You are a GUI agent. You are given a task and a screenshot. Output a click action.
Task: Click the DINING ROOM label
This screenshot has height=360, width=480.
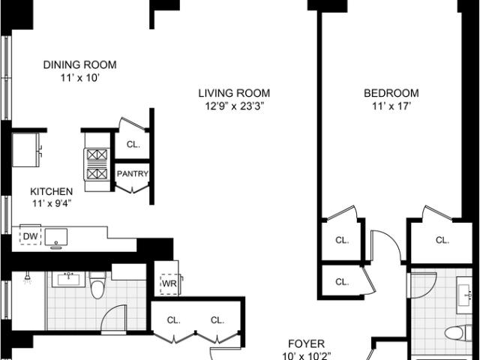80,65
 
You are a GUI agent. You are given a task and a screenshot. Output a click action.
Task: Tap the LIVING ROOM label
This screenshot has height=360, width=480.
234,93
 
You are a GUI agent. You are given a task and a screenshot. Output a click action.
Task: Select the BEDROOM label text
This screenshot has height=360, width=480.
391,93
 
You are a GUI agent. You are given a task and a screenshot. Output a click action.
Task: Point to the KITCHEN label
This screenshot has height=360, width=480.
52,192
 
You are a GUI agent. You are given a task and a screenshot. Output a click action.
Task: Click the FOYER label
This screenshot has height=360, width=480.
307,343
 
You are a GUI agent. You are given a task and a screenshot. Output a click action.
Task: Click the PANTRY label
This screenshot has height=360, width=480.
133,174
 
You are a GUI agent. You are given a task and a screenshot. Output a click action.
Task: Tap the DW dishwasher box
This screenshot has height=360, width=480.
30,236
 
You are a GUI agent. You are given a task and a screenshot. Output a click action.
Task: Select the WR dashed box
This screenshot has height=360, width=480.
169,283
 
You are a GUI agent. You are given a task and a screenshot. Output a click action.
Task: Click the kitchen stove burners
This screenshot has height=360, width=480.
97,164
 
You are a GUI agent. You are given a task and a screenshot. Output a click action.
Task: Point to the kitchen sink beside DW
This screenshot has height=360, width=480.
56,237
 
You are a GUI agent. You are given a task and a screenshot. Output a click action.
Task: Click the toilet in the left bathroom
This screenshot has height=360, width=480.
98,285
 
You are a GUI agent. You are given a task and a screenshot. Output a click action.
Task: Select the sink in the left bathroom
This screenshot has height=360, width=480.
68,280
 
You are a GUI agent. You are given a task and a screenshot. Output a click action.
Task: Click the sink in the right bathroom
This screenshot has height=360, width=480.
465,295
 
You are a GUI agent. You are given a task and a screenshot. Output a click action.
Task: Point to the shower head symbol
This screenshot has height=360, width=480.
28,277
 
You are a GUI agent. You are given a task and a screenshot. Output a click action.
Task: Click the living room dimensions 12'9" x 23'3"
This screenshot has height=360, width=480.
234,106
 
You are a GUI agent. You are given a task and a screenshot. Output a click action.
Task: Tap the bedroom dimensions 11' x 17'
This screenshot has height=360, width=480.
391,106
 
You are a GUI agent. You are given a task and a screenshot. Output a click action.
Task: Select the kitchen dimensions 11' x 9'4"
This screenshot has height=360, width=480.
52,203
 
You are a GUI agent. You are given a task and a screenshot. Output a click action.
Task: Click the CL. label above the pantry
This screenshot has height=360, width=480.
133,145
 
